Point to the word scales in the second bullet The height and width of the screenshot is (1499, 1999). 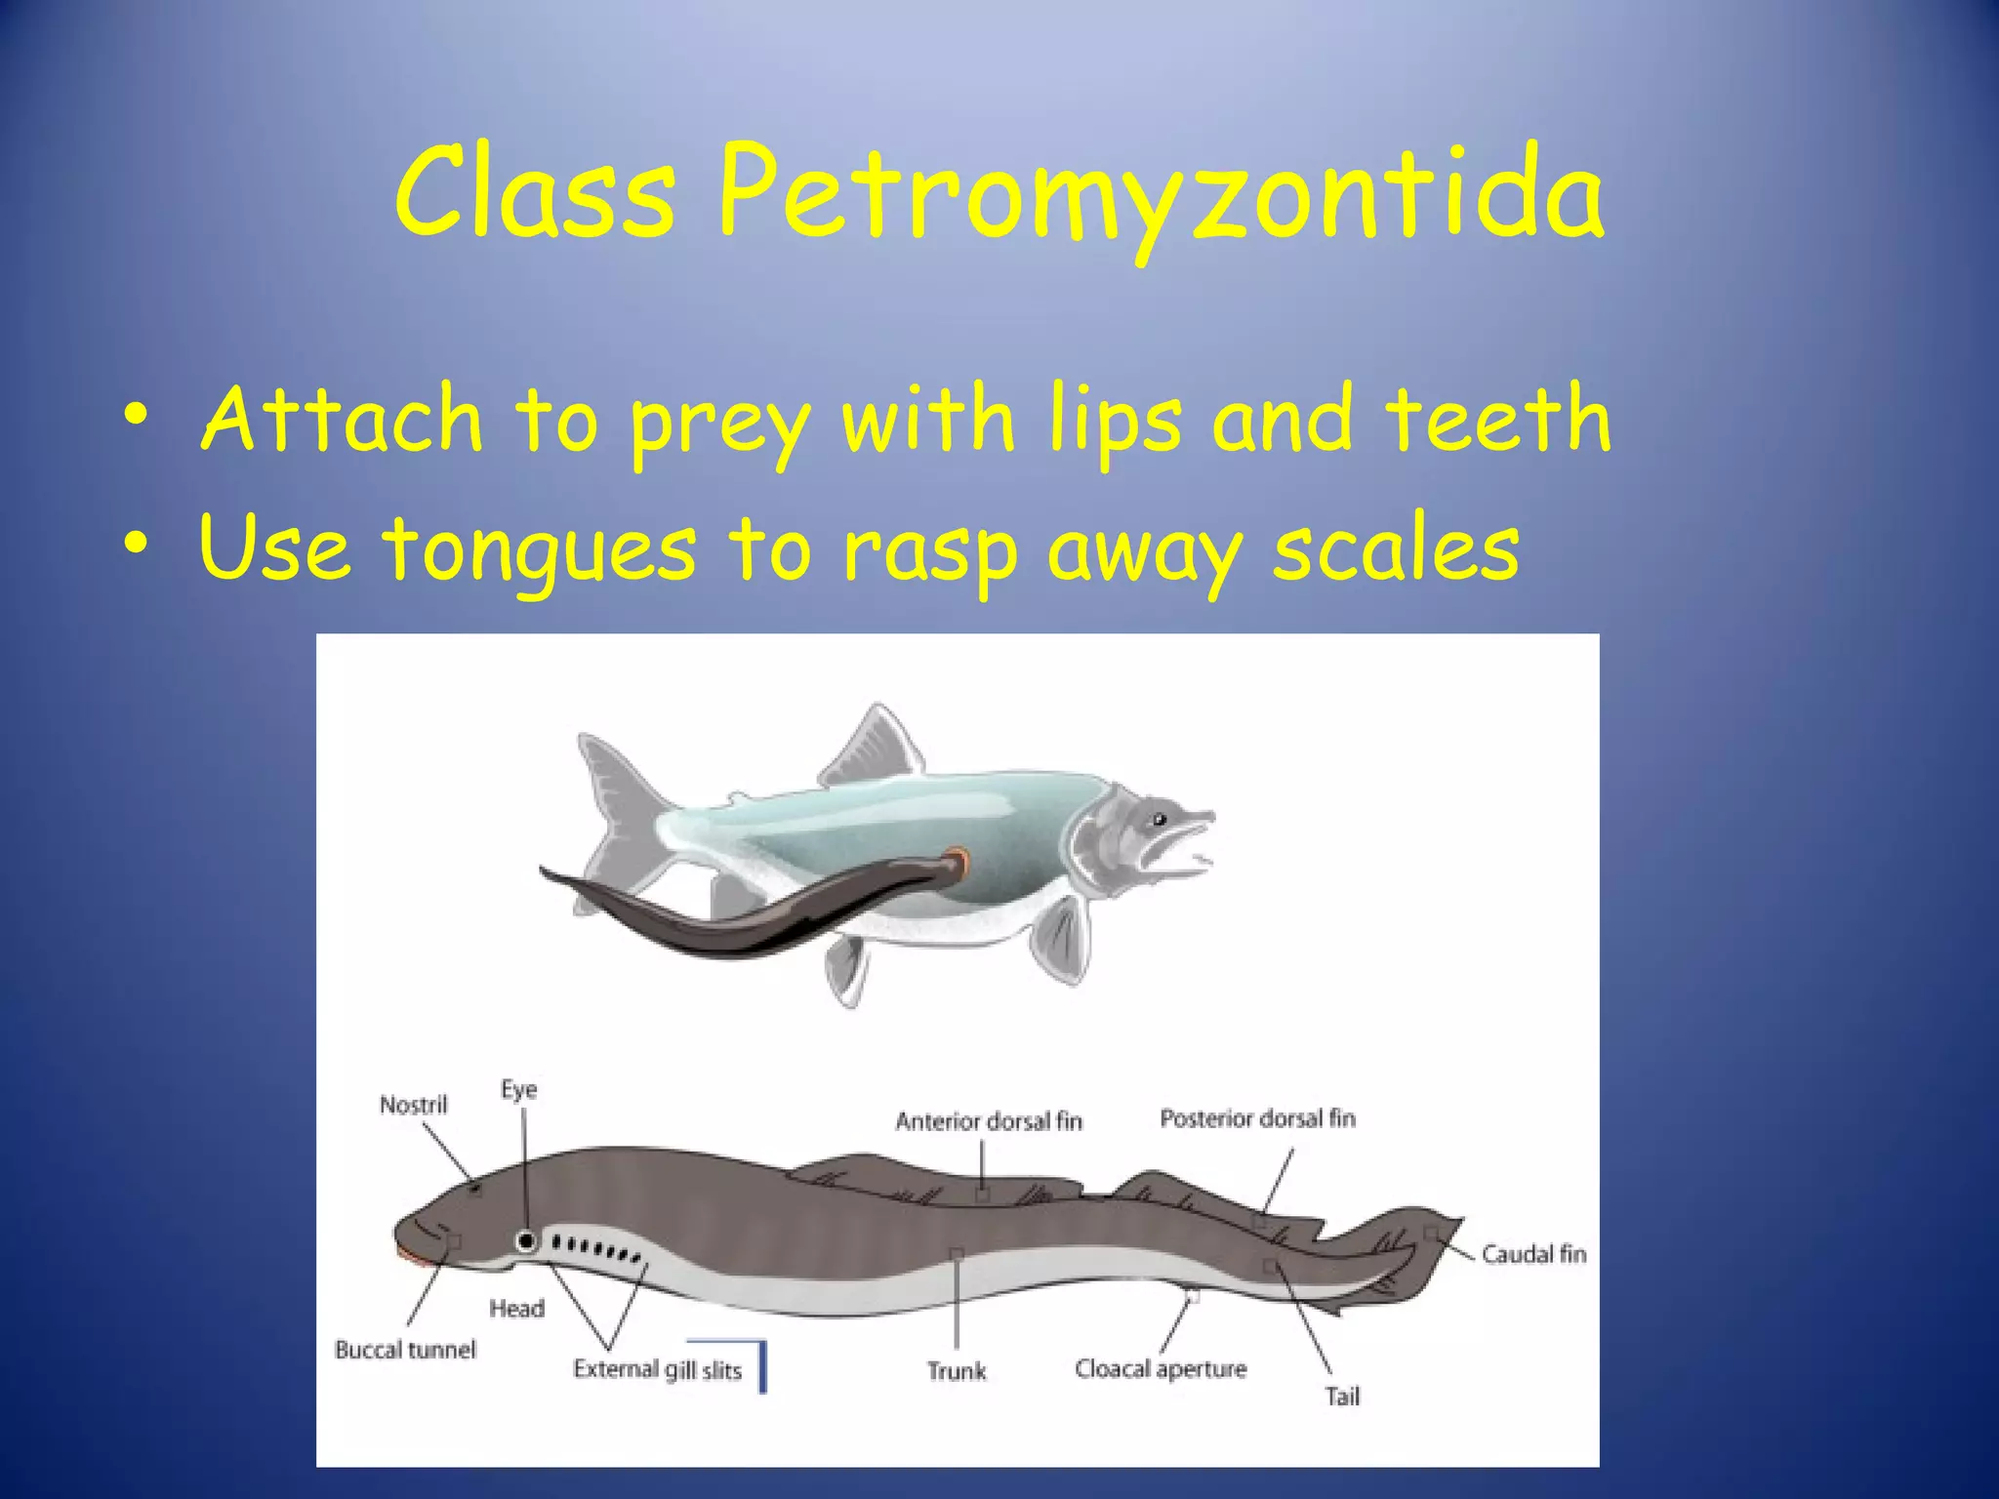point(1396,548)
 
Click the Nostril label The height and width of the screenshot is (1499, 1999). point(413,1105)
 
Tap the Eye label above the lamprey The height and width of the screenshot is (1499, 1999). point(518,1089)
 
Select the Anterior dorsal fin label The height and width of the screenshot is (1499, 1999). point(988,1121)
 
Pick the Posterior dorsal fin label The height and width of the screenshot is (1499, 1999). point(1257,1118)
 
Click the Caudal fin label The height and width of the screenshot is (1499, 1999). point(1533,1254)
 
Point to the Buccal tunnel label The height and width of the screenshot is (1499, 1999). point(405,1350)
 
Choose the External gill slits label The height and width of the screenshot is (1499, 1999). point(657,1369)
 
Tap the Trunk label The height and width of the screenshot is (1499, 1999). point(957,1371)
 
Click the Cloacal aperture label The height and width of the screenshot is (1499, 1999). point(1161,1369)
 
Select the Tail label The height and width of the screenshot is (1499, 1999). point(1342,1397)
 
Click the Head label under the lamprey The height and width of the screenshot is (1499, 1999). point(516,1308)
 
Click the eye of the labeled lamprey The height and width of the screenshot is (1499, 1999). point(527,1241)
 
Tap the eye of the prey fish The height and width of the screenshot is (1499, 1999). point(1159,818)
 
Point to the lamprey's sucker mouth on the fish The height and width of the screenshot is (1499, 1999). point(959,861)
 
